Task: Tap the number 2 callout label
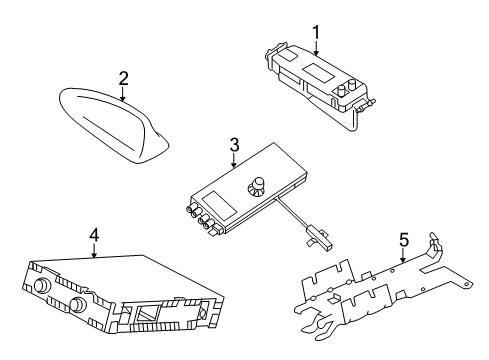click(123, 77)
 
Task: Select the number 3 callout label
click(233, 146)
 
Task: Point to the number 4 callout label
click(94, 235)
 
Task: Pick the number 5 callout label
click(405, 240)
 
